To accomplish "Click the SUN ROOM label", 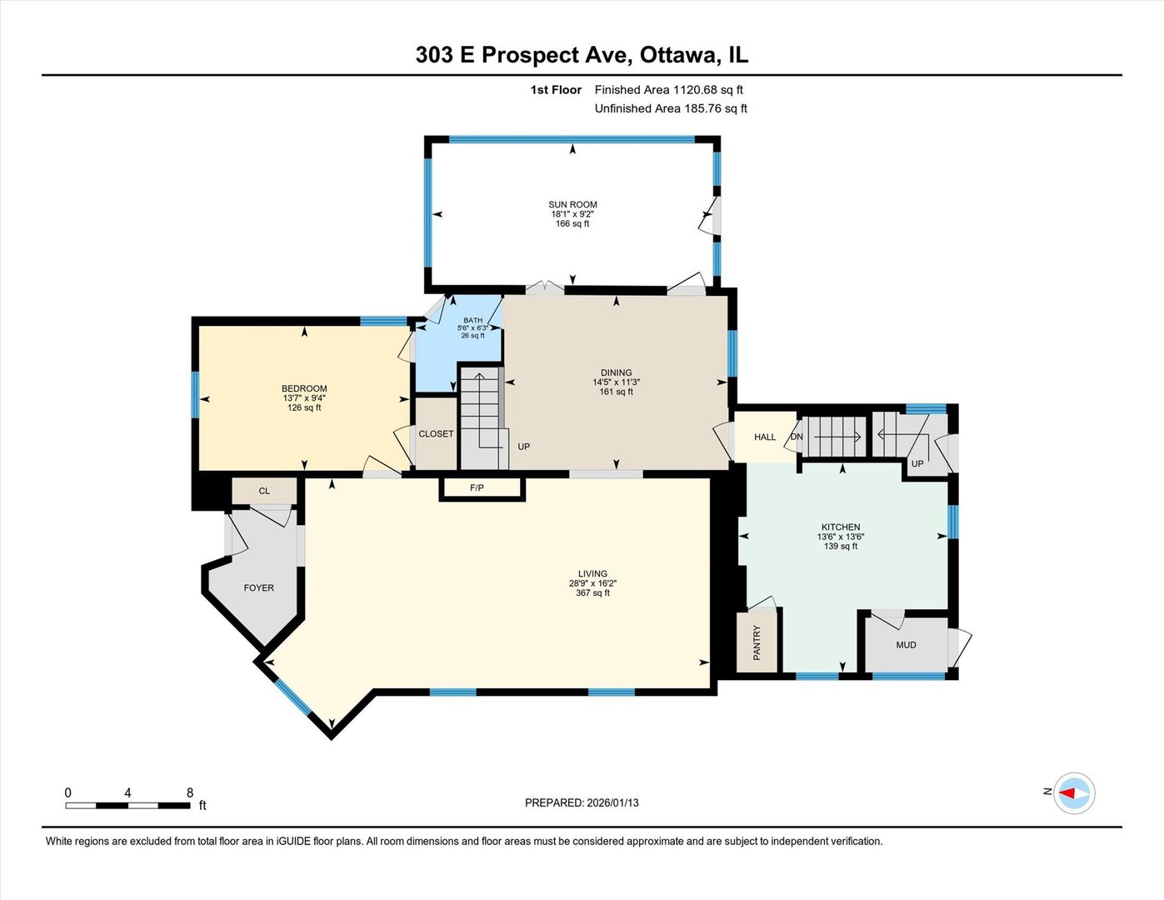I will pyautogui.click(x=572, y=204).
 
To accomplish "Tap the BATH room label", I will pyautogui.click(x=472, y=320).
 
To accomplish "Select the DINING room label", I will pyautogui.click(x=616, y=372).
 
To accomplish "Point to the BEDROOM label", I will pyautogui.click(x=304, y=388).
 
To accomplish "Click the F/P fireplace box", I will pyautogui.click(x=477, y=487).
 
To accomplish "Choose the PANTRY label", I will pyautogui.click(x=757, y=642).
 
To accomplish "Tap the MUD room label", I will pyautogui.click(x=906, y=645).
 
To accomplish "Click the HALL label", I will pyautogui.click(x=764, y=437).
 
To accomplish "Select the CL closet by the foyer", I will pyautogui.click(x=264, y=491).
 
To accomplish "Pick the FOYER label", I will pyautogui.click(x=258, y=587).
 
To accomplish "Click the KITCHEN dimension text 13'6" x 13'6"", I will pyautogui.click(x=841, y=537).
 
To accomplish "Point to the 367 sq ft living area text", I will pyautogui.click(x=592, y=592).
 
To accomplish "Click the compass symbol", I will pyautogui.click(x=1074, y=792).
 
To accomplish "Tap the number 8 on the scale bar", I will pyautogui.click(x=190, y=792).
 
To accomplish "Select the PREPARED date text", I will pyautogui.click(x=582, y=802).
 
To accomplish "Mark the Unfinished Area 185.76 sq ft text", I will pyautogui.click(x=671, y=108).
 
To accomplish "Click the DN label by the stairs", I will pyautogui.click(x=797, y=437).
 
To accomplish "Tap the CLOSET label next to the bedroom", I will pyautogui.click(x=436, y=433).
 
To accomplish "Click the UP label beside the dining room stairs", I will pyautogui.click(x=523, y=447).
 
